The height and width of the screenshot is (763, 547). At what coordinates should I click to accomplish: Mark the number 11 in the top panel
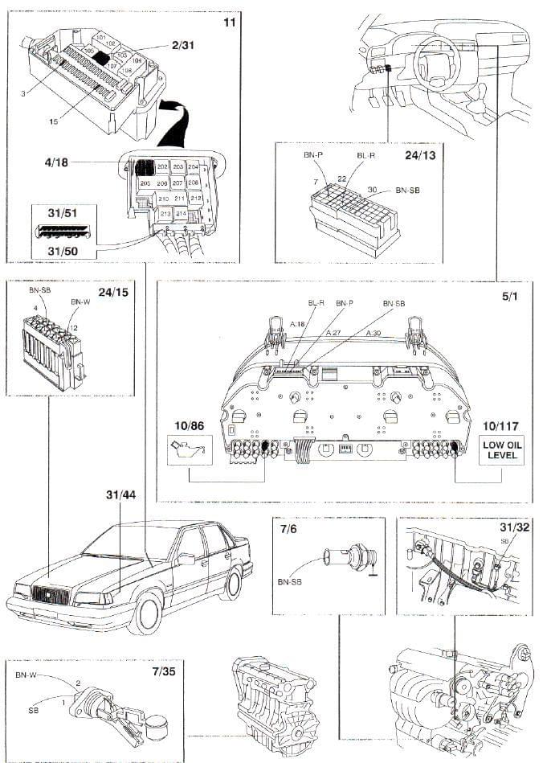click(x=229, y=23)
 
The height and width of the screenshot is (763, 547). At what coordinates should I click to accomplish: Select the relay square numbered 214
click(x=181, y=213)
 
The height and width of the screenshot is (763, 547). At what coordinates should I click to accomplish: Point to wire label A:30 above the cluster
click(x=374, y=334)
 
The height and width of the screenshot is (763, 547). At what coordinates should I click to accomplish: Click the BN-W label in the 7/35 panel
click(x=27, y=676)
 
